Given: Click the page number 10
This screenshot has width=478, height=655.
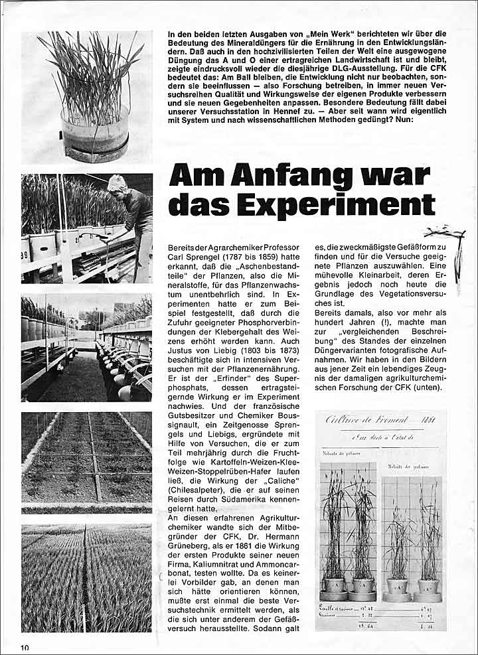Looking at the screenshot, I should [x=25, y=646].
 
